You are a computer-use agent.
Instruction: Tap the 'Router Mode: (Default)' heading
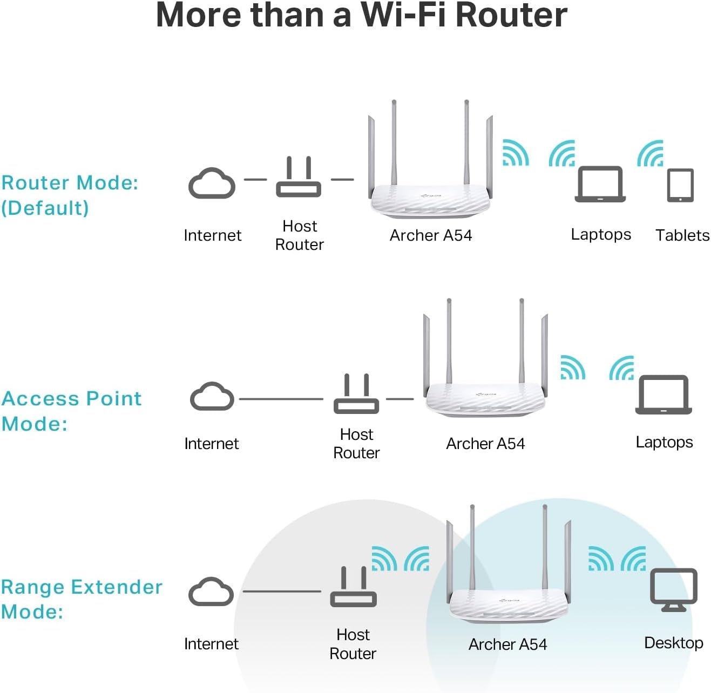tap(70, 195)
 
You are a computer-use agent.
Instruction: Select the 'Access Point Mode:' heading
tap(71, 411)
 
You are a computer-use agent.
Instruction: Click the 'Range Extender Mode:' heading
tap(81, 599)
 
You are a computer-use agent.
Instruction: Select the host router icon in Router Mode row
tap(299, 178)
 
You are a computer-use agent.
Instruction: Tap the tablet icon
tap(680, 185)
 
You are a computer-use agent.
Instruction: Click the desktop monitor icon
tap(673, 590)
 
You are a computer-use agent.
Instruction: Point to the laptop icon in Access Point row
tap(663, 395)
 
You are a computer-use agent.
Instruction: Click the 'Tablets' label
tap(682, 235)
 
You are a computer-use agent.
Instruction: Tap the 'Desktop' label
tap(673, 643)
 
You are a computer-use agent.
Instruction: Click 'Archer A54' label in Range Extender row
tap(507, 644)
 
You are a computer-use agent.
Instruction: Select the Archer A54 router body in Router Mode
tap(430, 199)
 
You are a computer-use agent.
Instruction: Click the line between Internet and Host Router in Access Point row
tap(281, 399)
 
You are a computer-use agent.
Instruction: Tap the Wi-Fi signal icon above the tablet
tap(651, 154)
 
